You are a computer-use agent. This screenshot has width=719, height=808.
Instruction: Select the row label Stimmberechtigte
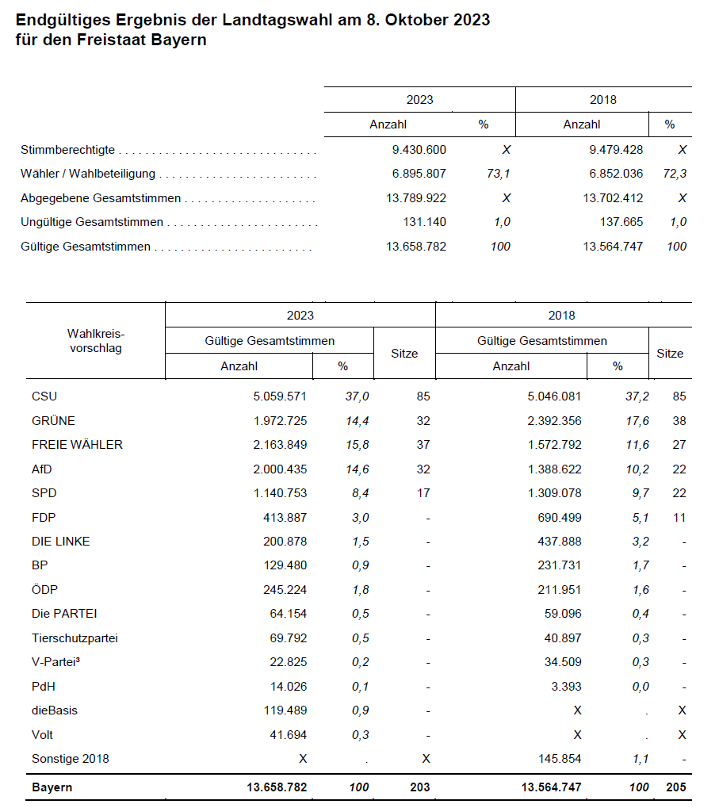tap(68, 149)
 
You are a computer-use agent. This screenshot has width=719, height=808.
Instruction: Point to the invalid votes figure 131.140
tap(424, 222)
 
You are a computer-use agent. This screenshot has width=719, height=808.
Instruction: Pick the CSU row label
tap(44, 396)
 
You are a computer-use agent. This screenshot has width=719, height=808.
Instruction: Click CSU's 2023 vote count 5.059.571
tap(279, 396)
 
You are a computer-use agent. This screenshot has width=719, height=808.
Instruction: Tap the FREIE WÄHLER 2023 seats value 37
tap(423, 445)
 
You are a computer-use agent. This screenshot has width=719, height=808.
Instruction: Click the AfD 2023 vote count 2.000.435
tap(279, 469)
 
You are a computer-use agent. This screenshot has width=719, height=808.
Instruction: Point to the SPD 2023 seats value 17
tap(423, 493)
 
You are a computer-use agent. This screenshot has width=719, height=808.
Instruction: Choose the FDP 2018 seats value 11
tap(679, 517)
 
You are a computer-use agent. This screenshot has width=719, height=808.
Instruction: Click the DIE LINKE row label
tap(61, 542)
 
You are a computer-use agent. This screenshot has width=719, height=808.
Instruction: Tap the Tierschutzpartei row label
tap(75, 638)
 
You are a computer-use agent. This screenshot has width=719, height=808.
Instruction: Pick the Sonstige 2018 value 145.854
tap(560, 759)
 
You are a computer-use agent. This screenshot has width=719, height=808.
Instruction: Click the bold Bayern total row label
tap(52, 787)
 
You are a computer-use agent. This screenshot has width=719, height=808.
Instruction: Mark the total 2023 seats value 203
tap(419, 787)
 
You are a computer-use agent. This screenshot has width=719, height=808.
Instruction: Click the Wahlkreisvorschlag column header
tap(96, 341)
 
